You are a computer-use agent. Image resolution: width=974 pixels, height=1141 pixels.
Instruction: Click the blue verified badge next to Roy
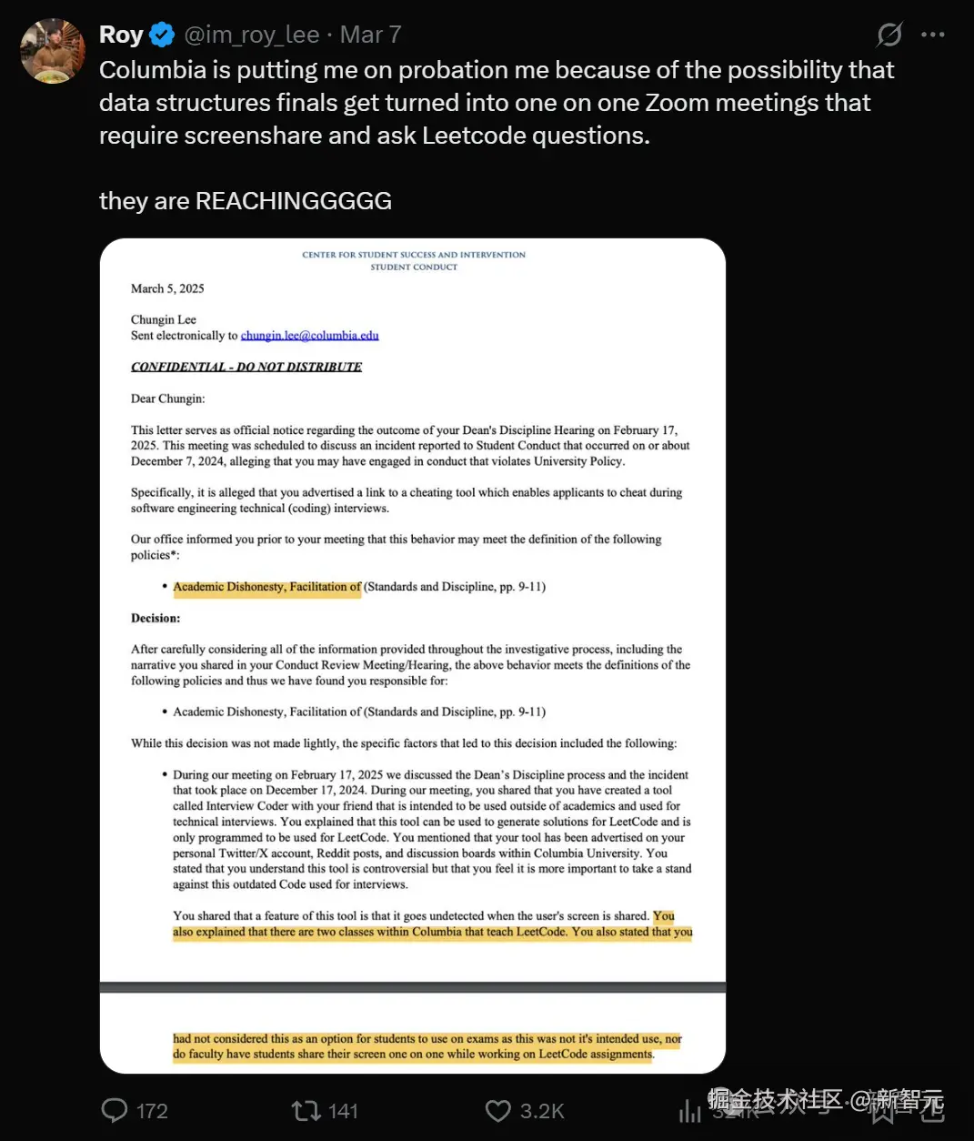(x=162, y=35)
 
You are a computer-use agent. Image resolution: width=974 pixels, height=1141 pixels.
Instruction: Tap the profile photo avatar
(x=53, y=51)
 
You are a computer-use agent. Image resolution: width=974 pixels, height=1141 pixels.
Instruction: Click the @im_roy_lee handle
(x=252, y=35)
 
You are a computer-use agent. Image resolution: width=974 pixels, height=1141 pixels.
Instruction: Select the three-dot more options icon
(x=932, y=35)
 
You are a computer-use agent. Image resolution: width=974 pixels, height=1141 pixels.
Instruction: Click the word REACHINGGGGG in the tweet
(x=293, y=201)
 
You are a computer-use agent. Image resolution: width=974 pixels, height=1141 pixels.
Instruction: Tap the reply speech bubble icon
(x=115, y=1110)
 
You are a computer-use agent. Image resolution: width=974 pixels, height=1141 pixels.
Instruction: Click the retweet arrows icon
(x=306, y=1110)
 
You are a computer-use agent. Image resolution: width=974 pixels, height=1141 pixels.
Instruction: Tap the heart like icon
(x=497, y=1110)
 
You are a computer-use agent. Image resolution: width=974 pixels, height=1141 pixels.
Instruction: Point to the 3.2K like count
(x=542, y=1111)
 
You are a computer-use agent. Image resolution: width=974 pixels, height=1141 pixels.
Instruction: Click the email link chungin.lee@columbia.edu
(x=309, y=336)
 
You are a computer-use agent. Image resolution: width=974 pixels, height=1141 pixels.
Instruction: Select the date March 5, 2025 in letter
(x=167, y=288)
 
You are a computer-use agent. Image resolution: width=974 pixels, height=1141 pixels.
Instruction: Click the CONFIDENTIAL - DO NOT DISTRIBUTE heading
(x=246, y=367)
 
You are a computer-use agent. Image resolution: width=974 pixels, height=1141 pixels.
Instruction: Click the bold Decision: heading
(x=156, y=618)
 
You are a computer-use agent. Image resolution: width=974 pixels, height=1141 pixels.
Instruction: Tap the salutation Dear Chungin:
(x=168, y=399)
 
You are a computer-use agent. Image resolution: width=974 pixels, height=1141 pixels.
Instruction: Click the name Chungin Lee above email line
(x=164, y=319)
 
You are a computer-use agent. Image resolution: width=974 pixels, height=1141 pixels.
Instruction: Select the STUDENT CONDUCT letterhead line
(x=414, y=267)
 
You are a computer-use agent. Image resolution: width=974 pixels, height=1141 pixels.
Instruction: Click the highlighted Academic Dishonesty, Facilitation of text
(x=266, y=587)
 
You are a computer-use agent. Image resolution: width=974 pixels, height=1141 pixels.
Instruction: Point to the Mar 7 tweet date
(x=370, y=35)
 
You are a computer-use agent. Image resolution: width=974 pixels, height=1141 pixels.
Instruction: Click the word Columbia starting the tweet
(x=153, y=70)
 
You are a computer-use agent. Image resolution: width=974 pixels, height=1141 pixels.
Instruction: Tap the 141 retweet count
(x=343, y=1111)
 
